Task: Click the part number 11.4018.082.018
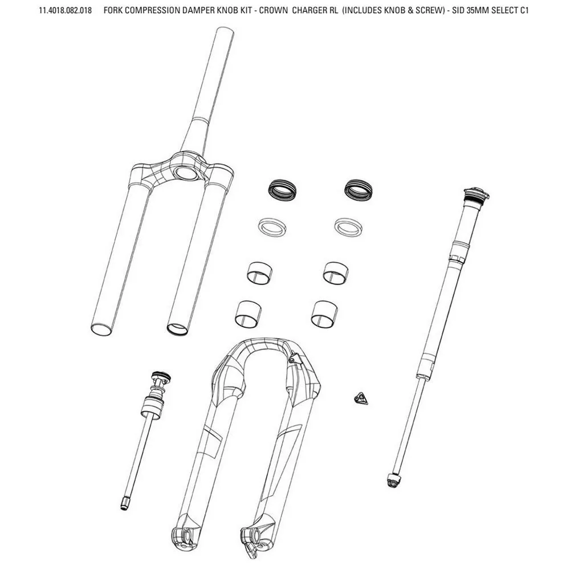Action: pos(66,10)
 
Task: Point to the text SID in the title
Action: pos(458,10)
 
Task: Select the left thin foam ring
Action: pos(271,227)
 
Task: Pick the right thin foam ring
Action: pos(348,227)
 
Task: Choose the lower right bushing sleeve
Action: pos(324,315)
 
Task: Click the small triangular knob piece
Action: pos(361,398)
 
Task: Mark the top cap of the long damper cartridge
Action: pos(477,195)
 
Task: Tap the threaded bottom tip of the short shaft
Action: pos(124,505)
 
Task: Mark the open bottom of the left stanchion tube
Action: pos(101,329)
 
